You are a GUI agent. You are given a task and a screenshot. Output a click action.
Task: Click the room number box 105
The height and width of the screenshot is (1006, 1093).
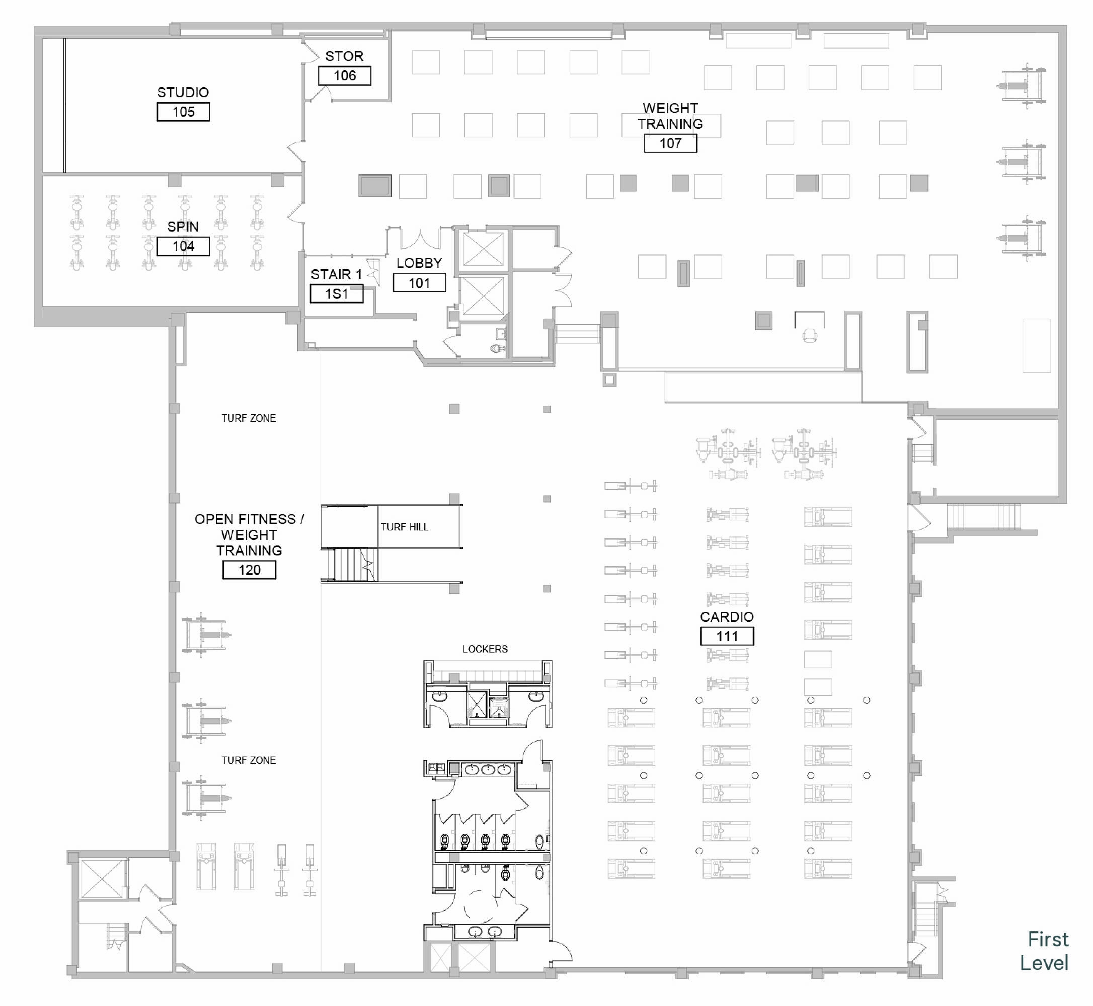point(183,112)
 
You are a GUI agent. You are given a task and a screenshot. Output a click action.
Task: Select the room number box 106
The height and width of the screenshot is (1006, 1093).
point(345,75)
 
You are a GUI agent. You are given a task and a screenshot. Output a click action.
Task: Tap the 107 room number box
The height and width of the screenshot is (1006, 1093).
point(670,143)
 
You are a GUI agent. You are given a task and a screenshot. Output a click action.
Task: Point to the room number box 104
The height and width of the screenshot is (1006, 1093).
point(183,246)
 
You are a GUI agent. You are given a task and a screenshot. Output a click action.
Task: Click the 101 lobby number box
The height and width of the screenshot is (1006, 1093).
point(419,283)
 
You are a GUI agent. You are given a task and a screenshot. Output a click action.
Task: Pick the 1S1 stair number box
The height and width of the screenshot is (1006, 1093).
point(337,294)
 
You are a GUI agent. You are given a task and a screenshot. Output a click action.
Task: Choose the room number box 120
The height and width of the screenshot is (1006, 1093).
point(250,570)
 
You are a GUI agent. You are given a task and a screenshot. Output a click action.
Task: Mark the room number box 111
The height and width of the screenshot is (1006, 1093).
point(727,636)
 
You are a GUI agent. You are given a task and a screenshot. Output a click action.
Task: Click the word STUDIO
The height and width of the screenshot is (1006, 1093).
point(183,93)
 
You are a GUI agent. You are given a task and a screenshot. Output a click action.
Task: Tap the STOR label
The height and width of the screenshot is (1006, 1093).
point(344,56)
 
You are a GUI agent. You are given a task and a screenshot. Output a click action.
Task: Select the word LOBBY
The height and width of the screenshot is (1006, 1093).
point(419,263)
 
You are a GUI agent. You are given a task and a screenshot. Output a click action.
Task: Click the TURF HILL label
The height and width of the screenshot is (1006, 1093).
point(404,527)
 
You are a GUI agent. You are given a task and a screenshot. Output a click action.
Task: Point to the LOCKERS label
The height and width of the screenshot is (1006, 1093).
point(485,649)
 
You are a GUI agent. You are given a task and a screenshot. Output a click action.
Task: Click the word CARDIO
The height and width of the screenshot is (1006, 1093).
point(727,617)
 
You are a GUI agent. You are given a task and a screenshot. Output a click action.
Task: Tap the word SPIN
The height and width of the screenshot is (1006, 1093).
point(183,227)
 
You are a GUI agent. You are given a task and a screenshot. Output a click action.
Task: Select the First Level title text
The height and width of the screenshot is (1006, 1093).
point(1044,951)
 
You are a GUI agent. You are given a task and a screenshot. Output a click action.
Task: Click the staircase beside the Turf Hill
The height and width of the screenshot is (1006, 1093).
point(349,565)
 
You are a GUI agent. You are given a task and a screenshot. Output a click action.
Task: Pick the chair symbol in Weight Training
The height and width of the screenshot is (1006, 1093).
point(810,336)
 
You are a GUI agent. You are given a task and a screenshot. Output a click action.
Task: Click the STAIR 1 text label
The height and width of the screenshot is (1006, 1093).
point(336,274)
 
